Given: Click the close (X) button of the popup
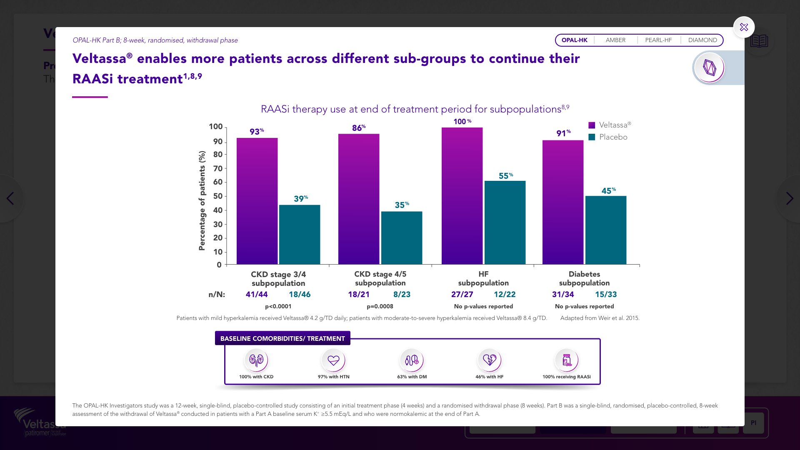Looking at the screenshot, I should pos(744,27).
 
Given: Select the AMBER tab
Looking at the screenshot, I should pos(615,40).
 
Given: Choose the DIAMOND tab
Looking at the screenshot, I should pos(702,40).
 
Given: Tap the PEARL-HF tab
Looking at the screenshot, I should pos(658,40).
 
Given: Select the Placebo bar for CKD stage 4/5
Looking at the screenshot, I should pos(402,237).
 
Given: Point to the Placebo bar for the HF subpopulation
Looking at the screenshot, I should pos(505,222).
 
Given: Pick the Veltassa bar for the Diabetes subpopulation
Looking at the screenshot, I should pos(563,202).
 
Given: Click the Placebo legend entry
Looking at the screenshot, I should pos(608,137).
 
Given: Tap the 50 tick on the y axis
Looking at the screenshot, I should pos(218,196).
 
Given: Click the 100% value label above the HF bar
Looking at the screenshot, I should pos(462,121).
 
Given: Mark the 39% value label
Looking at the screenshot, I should pos(300,199).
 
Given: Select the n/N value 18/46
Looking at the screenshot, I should pos(300,294).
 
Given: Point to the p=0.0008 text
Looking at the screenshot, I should pos(380,306).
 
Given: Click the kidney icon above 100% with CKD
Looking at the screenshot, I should pos(256,360).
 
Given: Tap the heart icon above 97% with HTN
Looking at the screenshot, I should pos(333,360).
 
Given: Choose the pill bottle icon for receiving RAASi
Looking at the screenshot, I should pos(567,360).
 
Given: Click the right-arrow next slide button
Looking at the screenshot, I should pos(789,198).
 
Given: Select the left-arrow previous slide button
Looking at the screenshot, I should pos(10,198).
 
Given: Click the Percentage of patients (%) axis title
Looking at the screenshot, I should pos(202,200).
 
